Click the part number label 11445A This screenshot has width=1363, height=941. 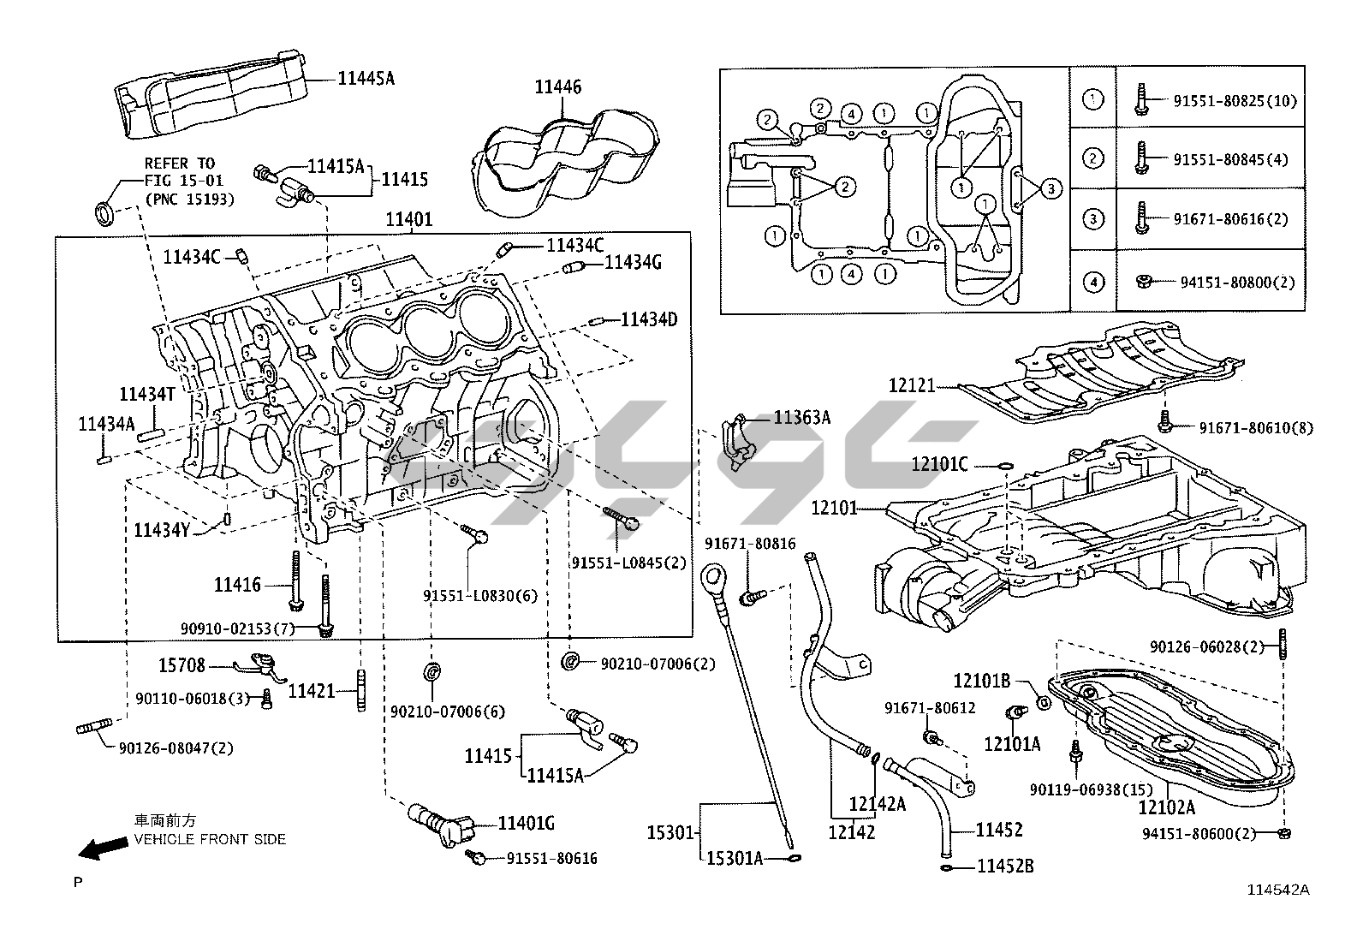pos(366,79)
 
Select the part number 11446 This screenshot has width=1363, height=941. pos(557,86)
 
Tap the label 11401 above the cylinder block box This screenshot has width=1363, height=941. pos(408,219)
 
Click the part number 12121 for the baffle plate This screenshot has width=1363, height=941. pos(911,386)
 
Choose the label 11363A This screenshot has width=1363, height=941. pos(801,418)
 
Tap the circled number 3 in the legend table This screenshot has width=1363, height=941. pos(1092,219)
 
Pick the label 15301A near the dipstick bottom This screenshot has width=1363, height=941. pos(735,857)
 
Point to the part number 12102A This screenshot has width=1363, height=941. pos(1166,807)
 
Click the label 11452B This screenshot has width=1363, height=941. pos(1006,867)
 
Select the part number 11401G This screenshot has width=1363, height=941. pos(527,824)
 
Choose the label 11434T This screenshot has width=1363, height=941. pos(146,394)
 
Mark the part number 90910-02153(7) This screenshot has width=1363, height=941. pos(238,629)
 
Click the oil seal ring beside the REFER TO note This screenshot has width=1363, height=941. pos(104,211)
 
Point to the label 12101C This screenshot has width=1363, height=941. pos(939,464)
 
